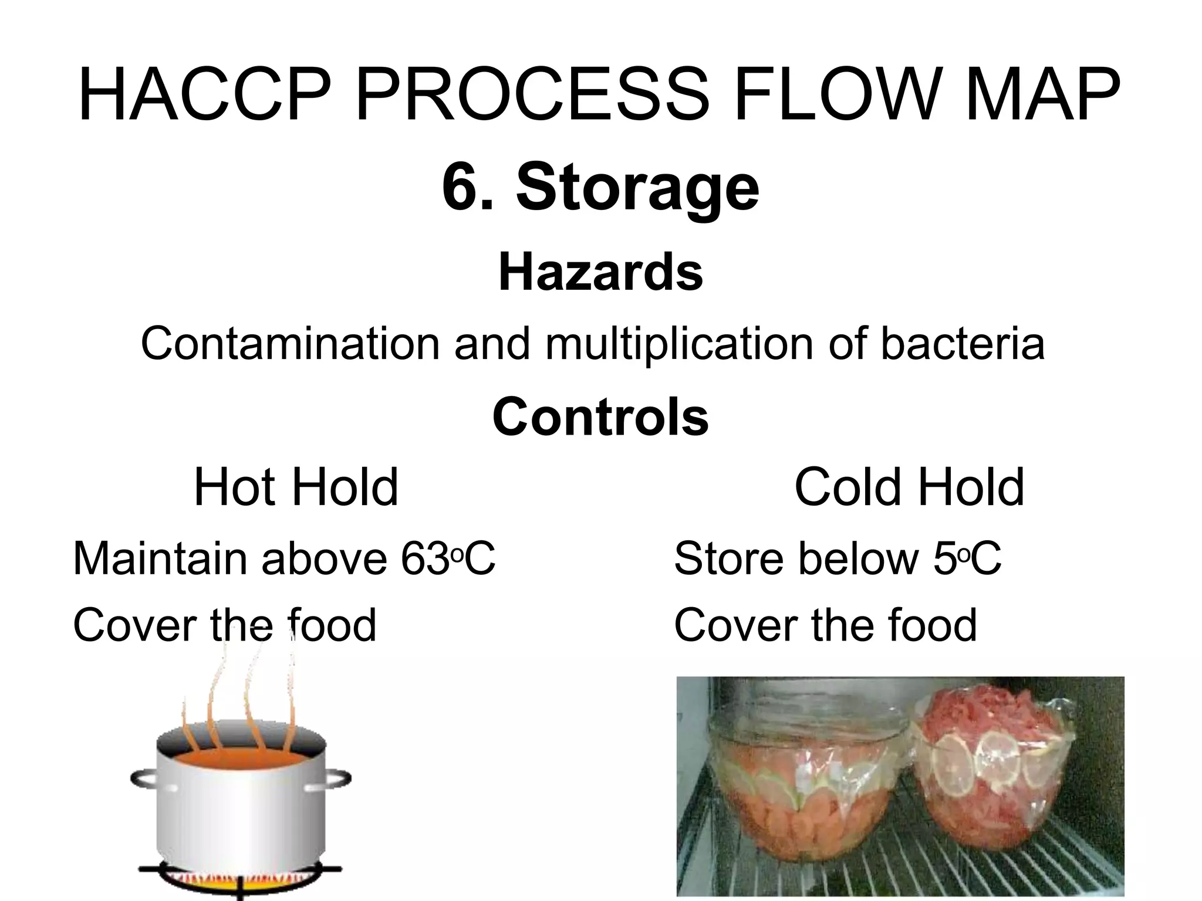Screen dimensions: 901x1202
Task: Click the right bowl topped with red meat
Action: (998, 780)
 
